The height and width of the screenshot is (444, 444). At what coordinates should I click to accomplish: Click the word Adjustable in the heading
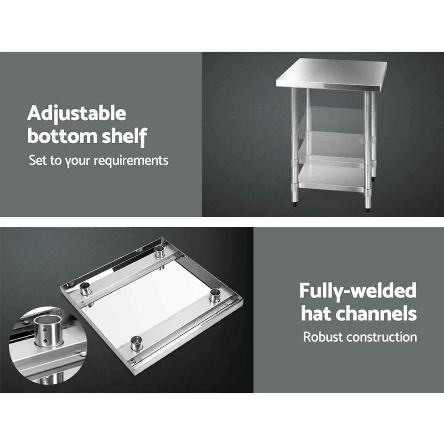(x=77, y=114)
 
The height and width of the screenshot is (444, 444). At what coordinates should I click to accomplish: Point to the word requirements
(x=131, y=161)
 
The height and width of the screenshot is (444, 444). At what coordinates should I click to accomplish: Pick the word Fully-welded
(x=357, y=291)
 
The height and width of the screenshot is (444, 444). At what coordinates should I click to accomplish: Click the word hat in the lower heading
(x=317, y=313)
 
